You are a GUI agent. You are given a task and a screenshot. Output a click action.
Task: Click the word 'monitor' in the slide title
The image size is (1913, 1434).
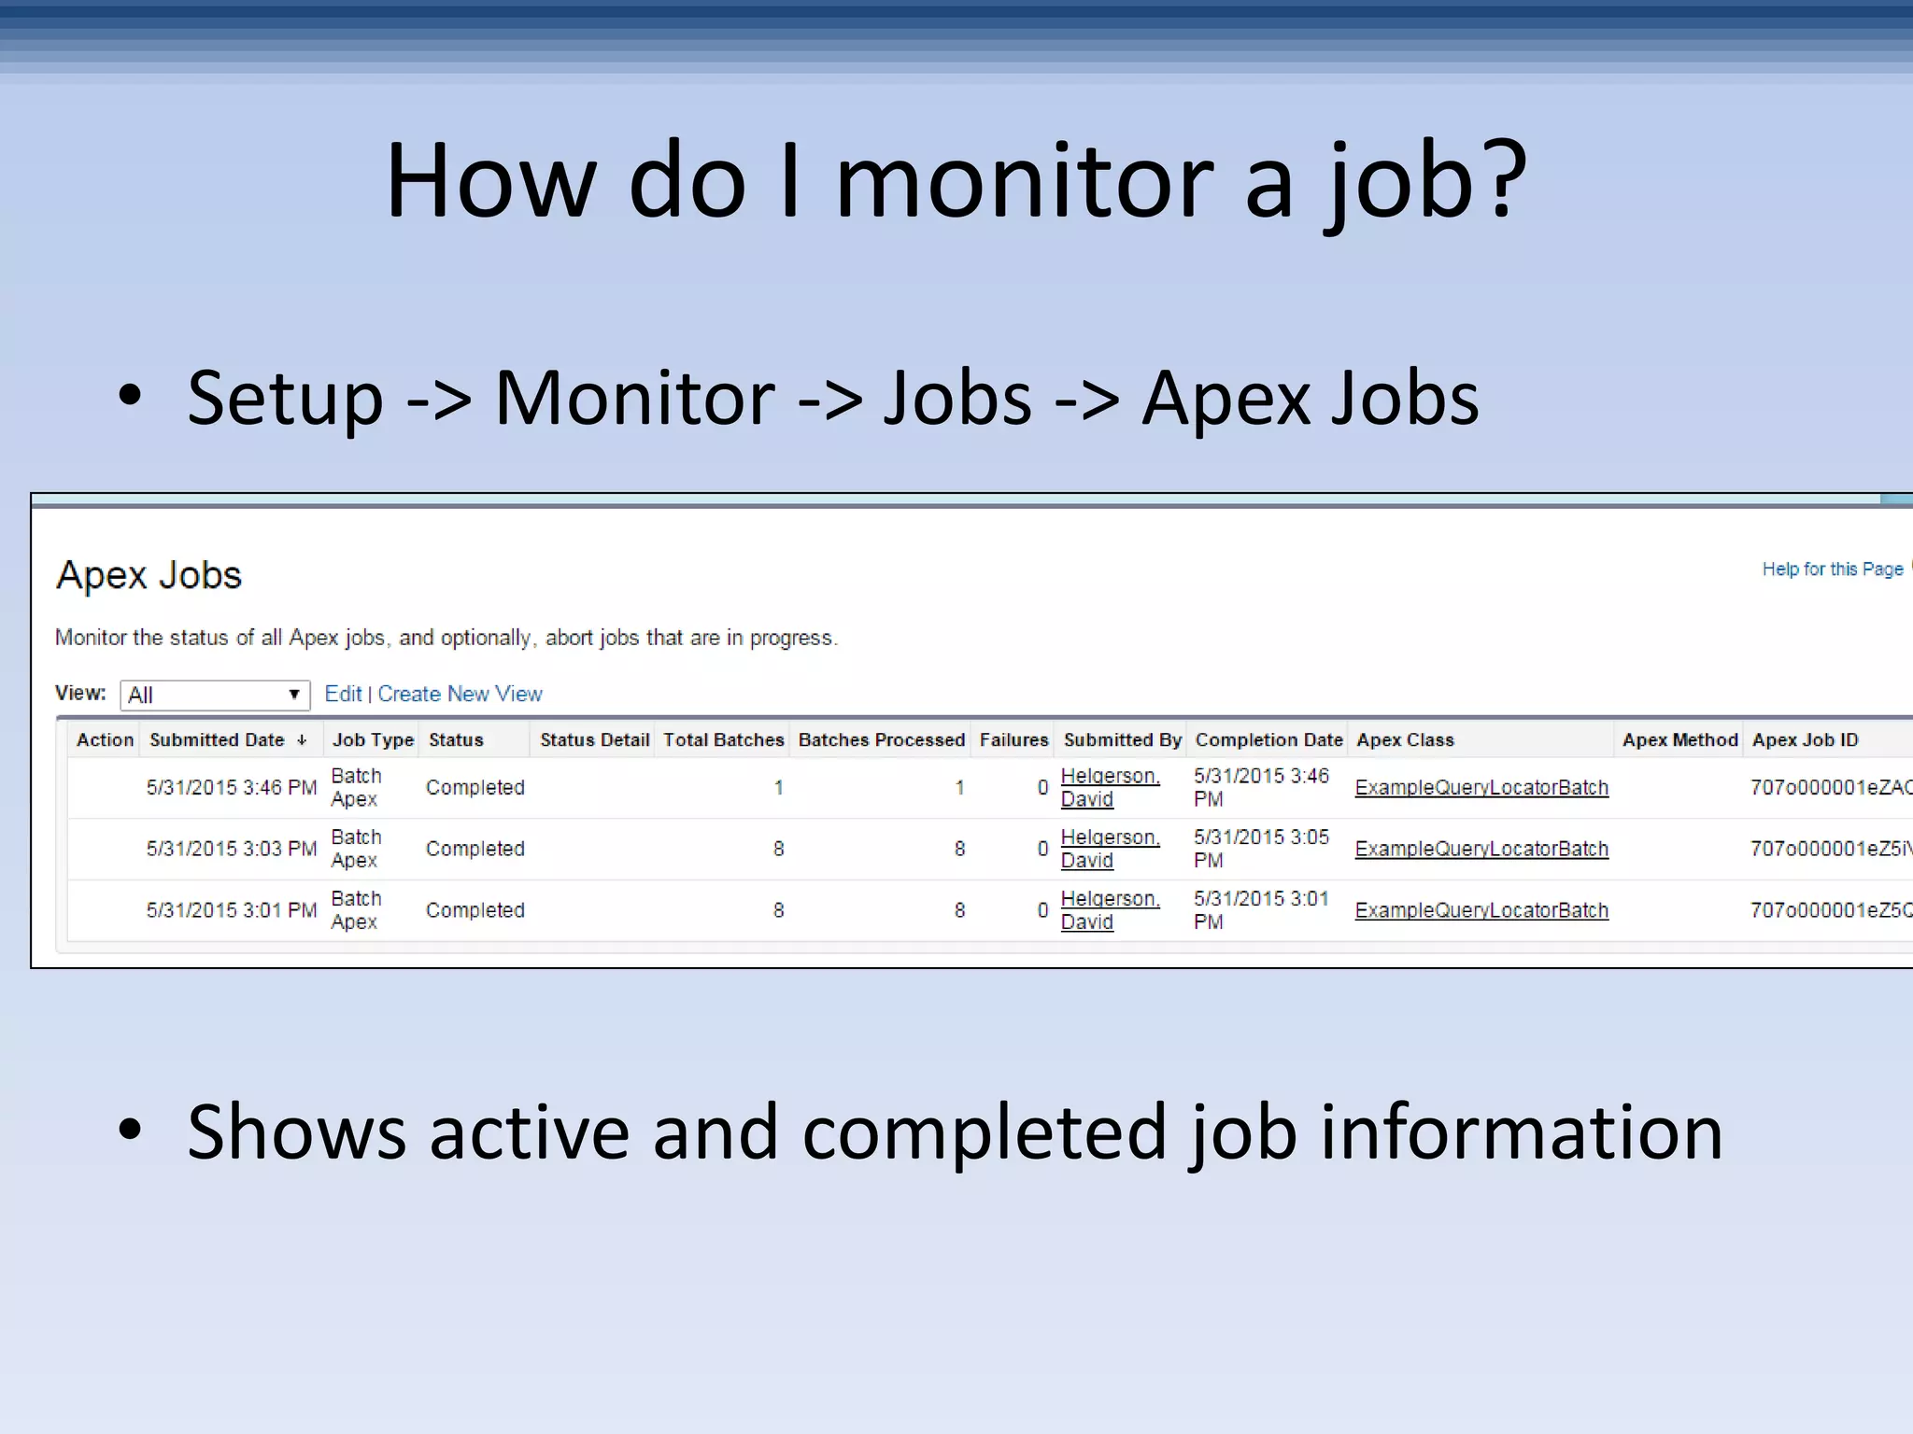tap(1024, 182)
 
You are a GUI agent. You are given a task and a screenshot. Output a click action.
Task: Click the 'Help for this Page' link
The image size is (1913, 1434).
tap(1832, 569)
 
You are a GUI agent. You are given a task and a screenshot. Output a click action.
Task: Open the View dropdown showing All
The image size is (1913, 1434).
tap(215, 695)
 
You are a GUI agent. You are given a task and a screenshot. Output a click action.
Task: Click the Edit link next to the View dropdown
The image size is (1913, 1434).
tap(343, 694)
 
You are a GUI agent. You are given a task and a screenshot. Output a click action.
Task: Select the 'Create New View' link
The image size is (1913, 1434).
tap(460, 694)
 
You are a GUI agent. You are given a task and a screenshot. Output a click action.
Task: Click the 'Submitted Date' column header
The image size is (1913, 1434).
tap(217, 739)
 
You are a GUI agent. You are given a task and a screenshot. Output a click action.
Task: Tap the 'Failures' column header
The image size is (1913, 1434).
tap(1013, 739)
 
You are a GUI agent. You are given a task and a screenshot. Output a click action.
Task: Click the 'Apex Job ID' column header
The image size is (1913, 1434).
tap(1805, 739)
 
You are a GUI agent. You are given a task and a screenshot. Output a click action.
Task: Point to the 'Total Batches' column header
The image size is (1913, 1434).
tap(723, 739)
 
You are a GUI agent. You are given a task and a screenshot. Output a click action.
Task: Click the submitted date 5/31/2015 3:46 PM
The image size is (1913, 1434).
tap(232, 787)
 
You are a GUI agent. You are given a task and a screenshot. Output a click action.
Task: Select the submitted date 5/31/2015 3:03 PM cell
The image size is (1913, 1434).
tap(232, 849)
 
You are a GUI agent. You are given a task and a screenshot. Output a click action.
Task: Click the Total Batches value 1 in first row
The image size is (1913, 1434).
tap(778, 788)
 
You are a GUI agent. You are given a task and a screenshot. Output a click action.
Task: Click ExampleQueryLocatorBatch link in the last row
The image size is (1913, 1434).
tap(1481, 910)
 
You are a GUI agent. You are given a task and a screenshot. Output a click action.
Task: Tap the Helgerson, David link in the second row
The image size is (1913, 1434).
tap(1109, 849)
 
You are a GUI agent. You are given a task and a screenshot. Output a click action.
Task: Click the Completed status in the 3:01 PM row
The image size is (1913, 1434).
tap(475, 910)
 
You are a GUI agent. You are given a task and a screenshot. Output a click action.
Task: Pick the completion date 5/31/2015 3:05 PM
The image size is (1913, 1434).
tap(1260, 848)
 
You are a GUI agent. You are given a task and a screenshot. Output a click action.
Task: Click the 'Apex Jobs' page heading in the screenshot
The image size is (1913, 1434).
tap(149, 575)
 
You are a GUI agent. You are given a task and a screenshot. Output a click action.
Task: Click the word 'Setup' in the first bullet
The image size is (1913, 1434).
tap(285, 400)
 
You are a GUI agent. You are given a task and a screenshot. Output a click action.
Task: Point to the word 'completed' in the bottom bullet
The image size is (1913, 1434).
tap(985, 1132)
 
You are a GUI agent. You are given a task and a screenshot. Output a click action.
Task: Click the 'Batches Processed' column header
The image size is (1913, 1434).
tap(881, 739)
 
